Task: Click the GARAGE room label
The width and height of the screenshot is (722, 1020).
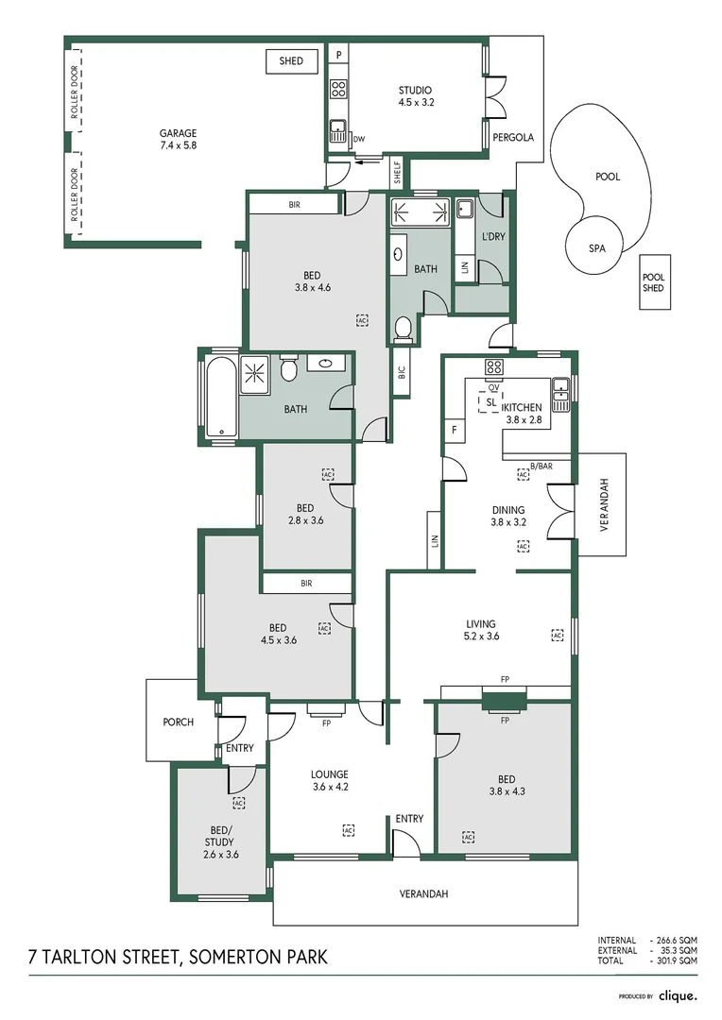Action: tap(178, 140)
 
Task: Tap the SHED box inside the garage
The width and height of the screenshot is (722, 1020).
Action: tap(291, 61)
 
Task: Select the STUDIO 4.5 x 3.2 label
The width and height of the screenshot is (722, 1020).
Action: tap(416, 96)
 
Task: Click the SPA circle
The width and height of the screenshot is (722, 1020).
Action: tap(597, 248)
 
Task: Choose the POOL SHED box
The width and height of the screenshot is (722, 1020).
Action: tap(654, 282)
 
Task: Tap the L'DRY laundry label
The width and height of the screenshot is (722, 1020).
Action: tap(493, 236)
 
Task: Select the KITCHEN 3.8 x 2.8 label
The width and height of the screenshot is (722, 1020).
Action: tap(524, 414)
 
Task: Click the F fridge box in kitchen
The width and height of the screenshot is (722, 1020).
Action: tap(455, 431)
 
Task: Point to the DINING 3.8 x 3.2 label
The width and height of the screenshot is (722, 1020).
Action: tap(507, 516)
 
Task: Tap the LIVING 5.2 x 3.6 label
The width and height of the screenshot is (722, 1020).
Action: tap(481, 630)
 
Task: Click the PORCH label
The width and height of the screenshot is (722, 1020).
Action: tap(178, 722)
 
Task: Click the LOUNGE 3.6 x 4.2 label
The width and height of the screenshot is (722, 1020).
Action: tap(330, 781)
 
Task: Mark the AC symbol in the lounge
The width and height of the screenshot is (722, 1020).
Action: tap(348, 829)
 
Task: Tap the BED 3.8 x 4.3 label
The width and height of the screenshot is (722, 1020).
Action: tap(507, 786)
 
